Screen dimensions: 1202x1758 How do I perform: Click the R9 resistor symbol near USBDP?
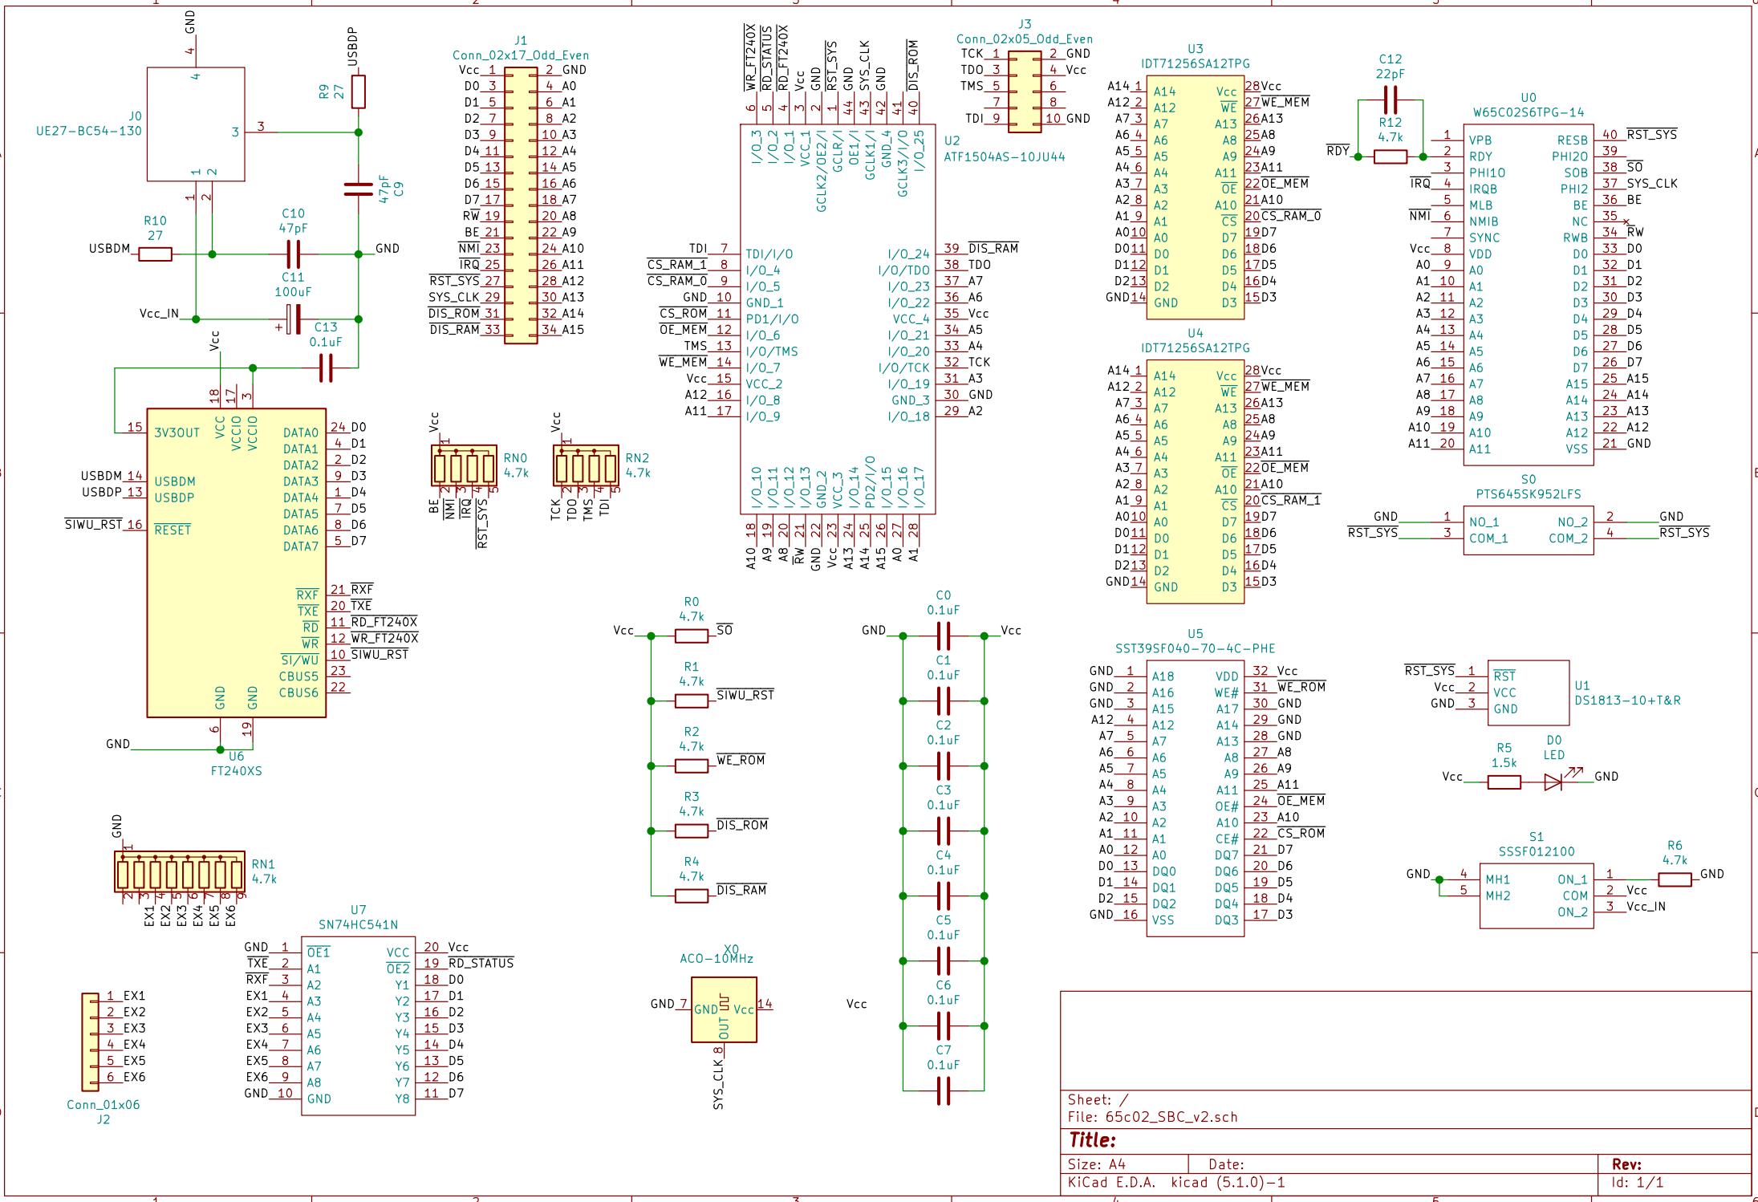[358, 91]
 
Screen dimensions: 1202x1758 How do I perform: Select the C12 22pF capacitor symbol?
[1390, 100]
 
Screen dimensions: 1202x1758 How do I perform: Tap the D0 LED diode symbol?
[1553, 782]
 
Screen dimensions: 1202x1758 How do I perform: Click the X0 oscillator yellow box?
[724, 1009]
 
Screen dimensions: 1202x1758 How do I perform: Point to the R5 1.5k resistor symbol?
[1504, 782]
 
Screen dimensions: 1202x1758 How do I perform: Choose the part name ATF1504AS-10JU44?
[1004, 157]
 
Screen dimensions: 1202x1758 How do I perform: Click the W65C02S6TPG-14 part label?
[1528, 113]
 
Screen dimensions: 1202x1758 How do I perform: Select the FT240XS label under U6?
[236, 771]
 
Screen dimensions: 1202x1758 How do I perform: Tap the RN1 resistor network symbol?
[180, 872]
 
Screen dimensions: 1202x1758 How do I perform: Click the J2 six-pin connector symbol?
[91, 1042]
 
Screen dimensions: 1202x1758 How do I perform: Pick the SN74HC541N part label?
[358, 925]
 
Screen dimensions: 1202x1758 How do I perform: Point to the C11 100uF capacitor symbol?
[293, 319]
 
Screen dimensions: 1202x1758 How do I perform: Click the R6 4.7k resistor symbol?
[1674, 879]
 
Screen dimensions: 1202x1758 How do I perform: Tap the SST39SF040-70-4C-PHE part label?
[1195, 649]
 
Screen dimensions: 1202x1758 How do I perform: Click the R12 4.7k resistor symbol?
[1390, 157]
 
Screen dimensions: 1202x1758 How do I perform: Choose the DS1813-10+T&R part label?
[1626, 700]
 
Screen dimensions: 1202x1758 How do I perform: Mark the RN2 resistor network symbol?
[586, 465]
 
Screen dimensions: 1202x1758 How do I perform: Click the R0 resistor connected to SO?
[691, 636]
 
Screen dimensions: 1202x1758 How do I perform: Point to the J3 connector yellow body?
[1025, 91]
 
